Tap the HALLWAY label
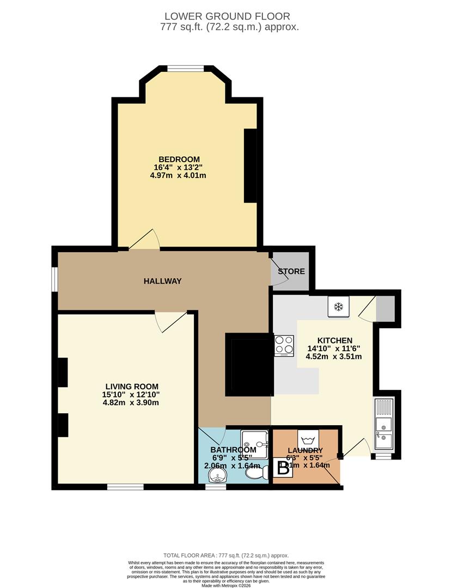[162, 281]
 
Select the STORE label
[291, 271]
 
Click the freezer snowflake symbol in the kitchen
[338, 306]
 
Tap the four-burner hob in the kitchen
[284, 345]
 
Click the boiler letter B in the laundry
[283, 469]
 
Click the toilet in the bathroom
[255, 473]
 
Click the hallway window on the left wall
[54, 279]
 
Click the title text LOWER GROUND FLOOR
[228, 16]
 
